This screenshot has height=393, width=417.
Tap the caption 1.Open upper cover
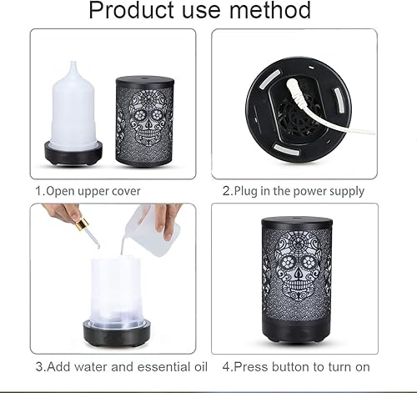pyautogui.click(x=88, y=191)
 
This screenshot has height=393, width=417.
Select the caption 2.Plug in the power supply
pyautogui.click(x=294, y=191)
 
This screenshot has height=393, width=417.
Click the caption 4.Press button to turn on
pyautogui.click(x=296, y=365)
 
